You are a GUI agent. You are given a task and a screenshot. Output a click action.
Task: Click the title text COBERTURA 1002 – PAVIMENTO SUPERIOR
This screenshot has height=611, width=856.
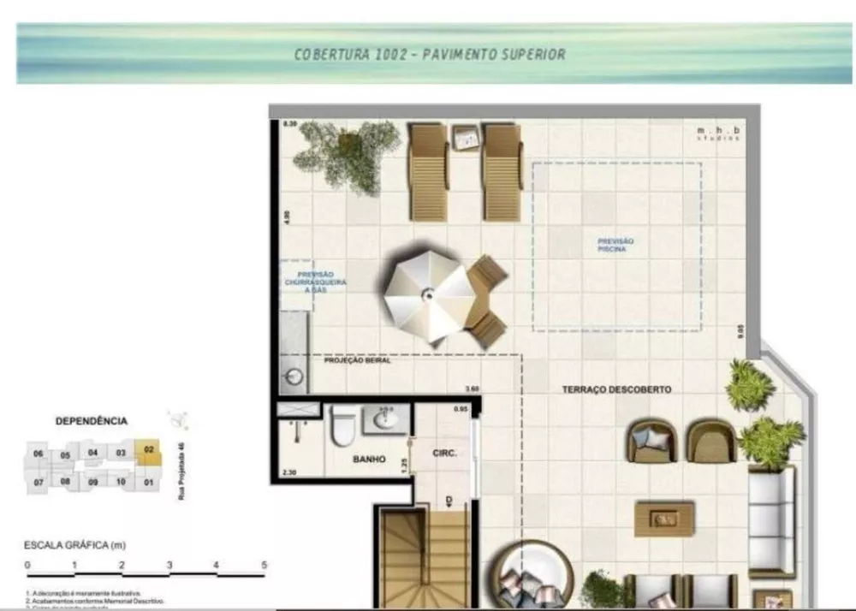point(430,55)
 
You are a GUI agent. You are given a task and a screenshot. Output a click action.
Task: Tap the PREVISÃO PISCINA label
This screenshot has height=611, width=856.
point(615,246)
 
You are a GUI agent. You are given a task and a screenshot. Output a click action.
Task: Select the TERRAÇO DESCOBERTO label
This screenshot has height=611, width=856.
point(616,389)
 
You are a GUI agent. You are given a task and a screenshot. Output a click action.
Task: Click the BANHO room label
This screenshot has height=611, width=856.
point(370,460)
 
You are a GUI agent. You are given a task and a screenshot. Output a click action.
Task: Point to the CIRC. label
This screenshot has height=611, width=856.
point(443,453)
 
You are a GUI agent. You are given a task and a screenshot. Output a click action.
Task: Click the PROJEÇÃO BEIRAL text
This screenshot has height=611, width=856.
point(356,361)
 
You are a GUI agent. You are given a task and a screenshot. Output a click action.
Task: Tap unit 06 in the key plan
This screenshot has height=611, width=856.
point(38,454)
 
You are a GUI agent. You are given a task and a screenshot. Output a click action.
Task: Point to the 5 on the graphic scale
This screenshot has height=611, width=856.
point(264,565)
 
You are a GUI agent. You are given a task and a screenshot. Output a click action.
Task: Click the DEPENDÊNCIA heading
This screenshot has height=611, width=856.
point(91,421)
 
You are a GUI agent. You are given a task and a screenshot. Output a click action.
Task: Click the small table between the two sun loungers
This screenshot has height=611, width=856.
point(466,137)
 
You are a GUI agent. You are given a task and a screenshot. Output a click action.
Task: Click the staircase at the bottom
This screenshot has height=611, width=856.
point(421,556)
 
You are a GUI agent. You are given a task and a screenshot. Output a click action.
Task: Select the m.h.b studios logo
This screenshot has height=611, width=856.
point(717,133)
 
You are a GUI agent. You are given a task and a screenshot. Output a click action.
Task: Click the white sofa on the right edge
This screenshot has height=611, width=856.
point(771,522)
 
